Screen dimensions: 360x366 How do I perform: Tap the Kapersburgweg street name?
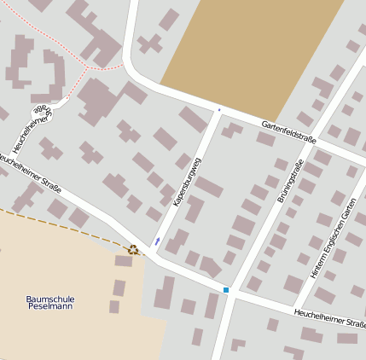pyautogui.click(x=187, y=182)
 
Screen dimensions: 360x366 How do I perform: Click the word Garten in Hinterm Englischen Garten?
pyautogui.click(x=348, y=210)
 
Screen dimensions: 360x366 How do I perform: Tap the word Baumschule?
pyautogui.click(x=50, y=299)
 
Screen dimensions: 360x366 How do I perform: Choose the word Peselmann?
pyautogui.click(x=50, y=309)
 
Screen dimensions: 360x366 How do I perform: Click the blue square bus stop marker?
pyautogui.click(x=226, y=291)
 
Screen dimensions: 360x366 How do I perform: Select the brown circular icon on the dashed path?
pyautogui.click(x=132, y=249)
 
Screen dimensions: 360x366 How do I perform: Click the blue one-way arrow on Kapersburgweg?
pyautogui.click(x=158, y=241)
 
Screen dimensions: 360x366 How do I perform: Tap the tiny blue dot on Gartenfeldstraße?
pyautogui.click(x=219, y=109)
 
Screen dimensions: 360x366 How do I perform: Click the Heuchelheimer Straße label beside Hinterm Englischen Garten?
pyautogui.click(x=329, y=319)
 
